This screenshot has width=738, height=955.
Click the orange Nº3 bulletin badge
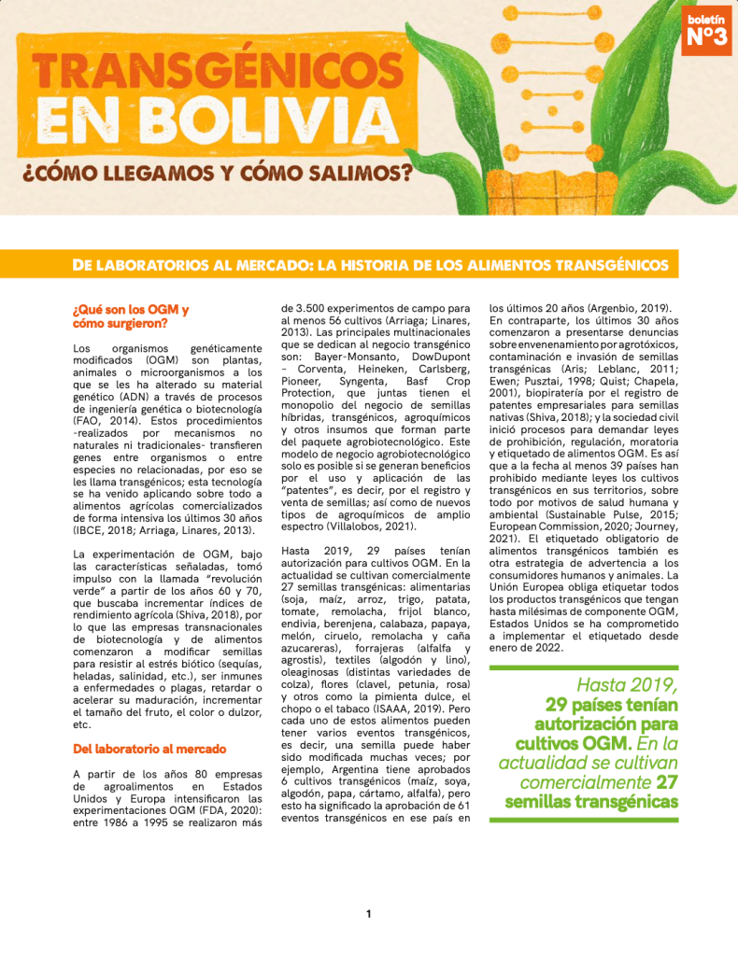coord(706,32)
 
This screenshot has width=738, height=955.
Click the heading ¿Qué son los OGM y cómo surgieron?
coord(130,316)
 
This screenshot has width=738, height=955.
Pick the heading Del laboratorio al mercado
coord(149,749)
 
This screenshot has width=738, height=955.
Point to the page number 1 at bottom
coord(369,914)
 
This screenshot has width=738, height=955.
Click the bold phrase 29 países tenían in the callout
coord(612,704)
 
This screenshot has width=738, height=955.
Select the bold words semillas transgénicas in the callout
coord(591,802)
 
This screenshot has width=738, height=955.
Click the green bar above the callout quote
coord(584,667)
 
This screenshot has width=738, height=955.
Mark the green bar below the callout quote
coord(584,820)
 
